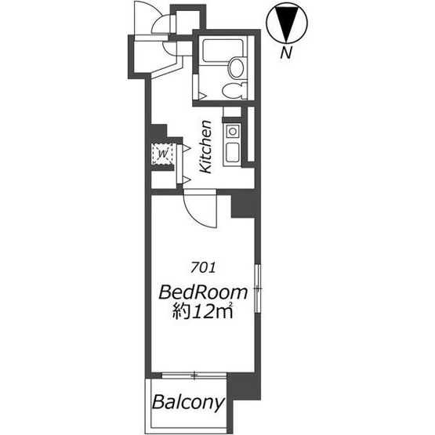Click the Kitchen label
(x=207, y=147)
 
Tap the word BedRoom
(x=203, y=292)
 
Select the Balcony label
(x=188, y=402)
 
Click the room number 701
(x=203, y=268)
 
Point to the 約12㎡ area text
(x=202, y=311)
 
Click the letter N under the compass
(x=286, y=53)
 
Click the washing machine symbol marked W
(x=163, y=154)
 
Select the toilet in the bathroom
(x=234, y=90)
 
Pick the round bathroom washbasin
(x=237, y=67)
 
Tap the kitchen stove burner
(x=233, y=131)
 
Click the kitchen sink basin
(x=233, y=153)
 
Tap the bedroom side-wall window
(x=258, y=288)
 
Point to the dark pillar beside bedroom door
(x=243, y=205)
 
